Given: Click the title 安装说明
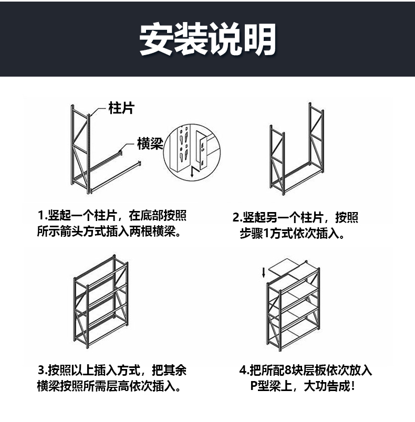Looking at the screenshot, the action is point(207,39).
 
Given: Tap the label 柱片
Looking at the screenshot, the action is point(121,108).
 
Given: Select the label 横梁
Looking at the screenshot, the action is point(150,143).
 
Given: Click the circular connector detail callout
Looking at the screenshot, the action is point(192,152).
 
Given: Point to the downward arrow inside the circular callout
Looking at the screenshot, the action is point(192,172).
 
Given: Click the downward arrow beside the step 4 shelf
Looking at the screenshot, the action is point(264,272).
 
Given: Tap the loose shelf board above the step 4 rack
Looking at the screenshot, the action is point(284,266).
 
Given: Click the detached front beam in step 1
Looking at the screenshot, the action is point(116,177).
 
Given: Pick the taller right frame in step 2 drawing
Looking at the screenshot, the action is point(316,138).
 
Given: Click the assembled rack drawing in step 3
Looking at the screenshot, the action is point(101,302).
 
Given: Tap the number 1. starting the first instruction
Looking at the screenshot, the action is point(43,216).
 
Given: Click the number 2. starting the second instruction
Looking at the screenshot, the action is point(237,217).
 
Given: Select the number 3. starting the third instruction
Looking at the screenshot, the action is point(43,371).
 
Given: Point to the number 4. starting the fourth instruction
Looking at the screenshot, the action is point(244,371).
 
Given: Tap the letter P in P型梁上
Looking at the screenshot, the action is point(254,386).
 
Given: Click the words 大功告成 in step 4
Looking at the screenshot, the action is point(327,386).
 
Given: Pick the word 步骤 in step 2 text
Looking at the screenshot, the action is point(251,233).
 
